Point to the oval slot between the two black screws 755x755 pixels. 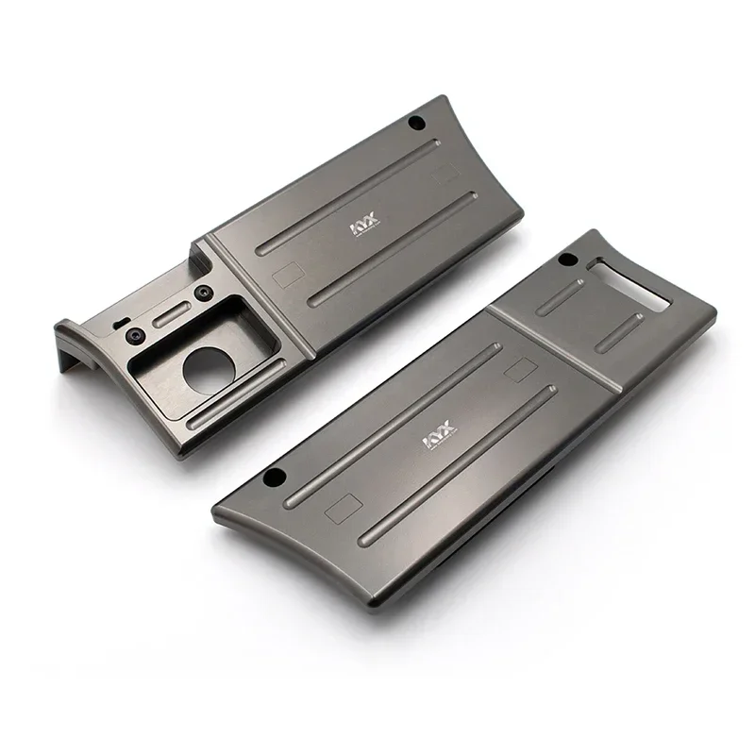170,313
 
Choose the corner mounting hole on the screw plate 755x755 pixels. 415,123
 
